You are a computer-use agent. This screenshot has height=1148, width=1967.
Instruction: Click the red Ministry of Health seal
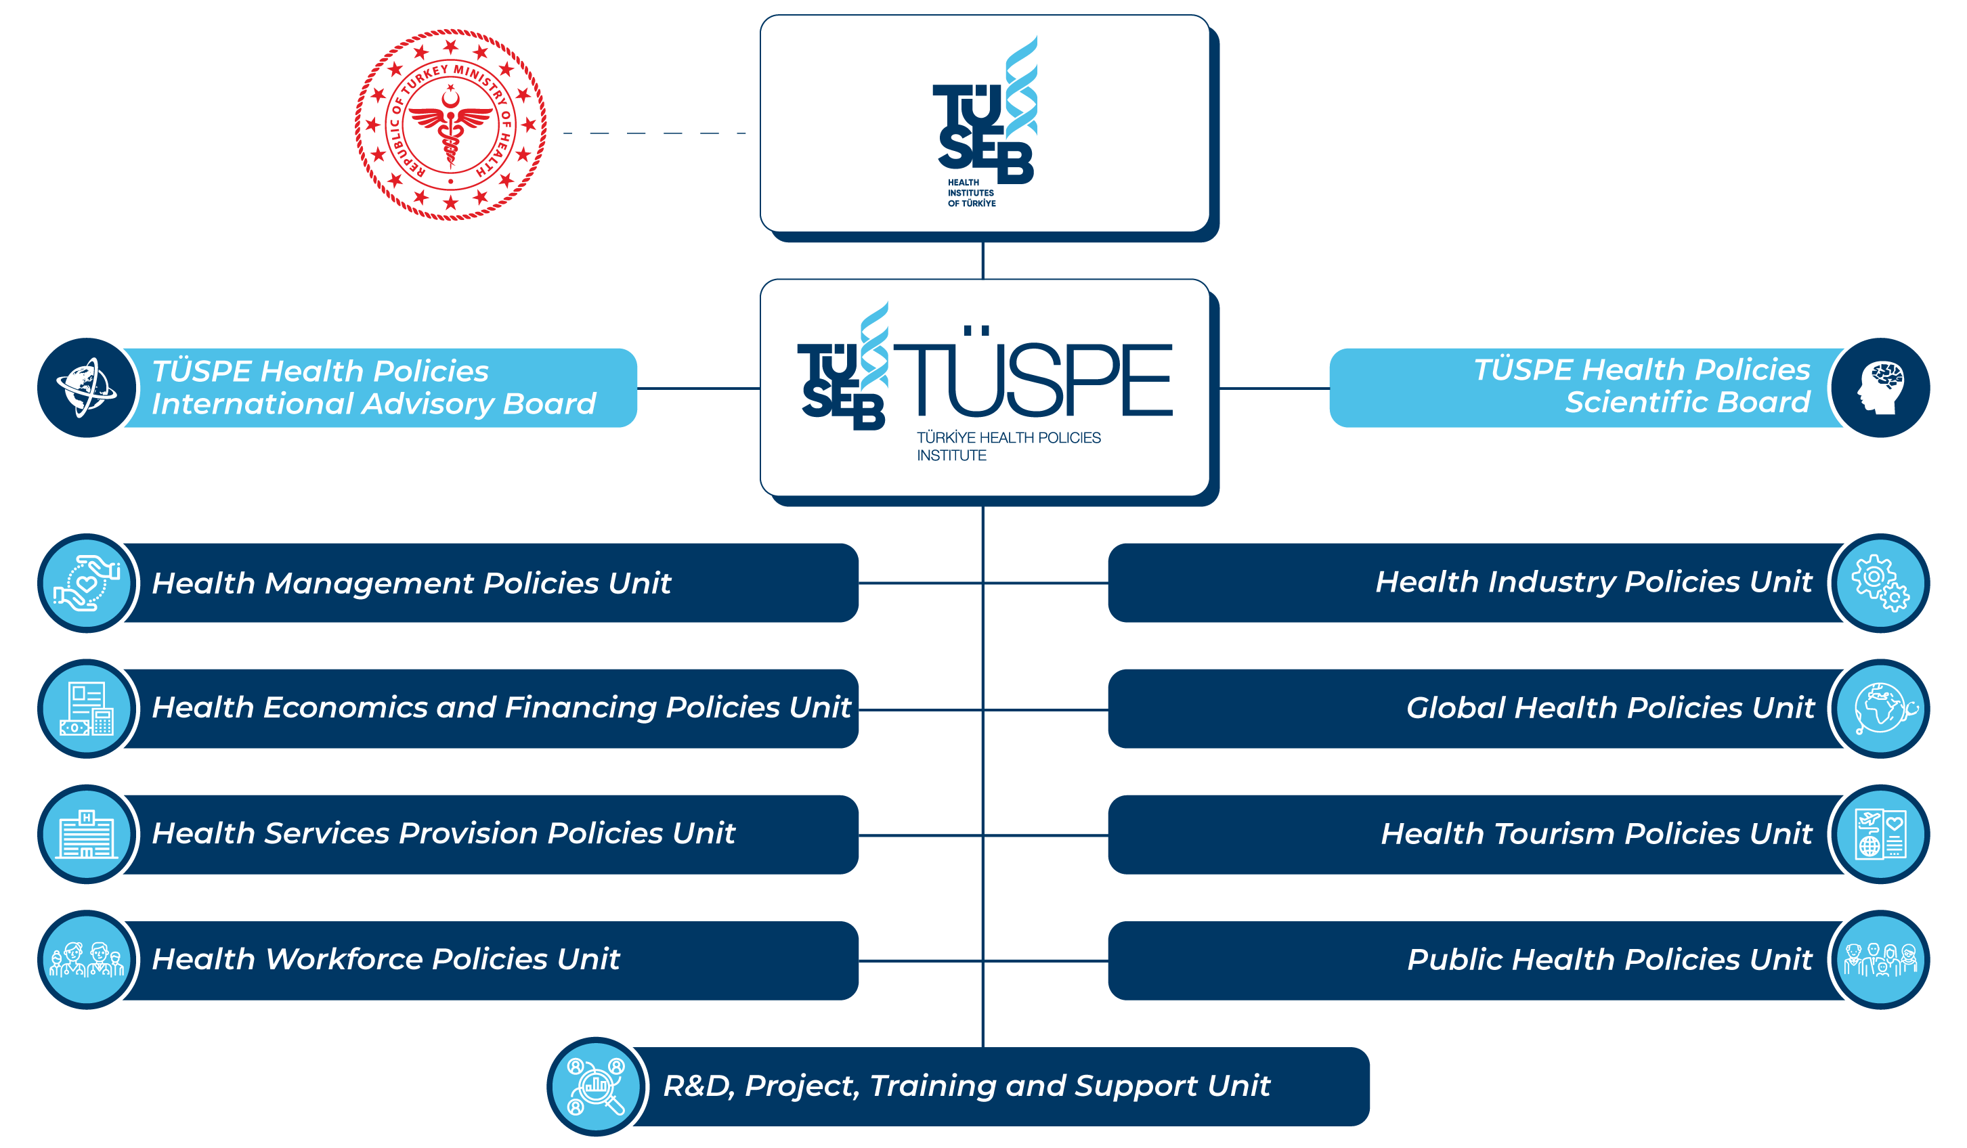(x=450, y=125)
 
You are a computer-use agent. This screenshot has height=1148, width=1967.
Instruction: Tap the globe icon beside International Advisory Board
(x=87, y=388)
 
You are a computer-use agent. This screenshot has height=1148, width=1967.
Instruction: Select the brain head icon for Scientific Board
(x=1880, y=388)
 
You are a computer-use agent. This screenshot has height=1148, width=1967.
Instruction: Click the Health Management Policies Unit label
(x=412, y=583)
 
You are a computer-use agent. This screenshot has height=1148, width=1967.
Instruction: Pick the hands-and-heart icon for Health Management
(x=87, y=583)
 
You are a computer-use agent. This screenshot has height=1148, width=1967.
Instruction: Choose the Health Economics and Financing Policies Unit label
(x=501, y=708)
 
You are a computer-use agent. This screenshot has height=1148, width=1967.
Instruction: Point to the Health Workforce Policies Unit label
(x=385, y=959)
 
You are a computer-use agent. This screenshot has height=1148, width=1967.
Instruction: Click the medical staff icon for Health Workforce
(x=87, y=960)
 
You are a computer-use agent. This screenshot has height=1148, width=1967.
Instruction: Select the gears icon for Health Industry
(x=1880, y=583)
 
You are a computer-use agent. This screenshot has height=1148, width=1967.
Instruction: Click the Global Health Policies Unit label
(x=1609, y=708)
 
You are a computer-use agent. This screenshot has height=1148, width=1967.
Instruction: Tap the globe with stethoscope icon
(x=1880, y=709)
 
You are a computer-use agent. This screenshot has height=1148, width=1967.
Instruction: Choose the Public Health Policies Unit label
(x=1609, y=960)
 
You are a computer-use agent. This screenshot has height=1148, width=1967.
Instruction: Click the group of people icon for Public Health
(x=1880, y=960)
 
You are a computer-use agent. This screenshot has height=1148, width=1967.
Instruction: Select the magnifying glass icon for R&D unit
(x=597, y=1086)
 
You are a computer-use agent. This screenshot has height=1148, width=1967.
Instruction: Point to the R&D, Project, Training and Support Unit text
(x=966, y=1086)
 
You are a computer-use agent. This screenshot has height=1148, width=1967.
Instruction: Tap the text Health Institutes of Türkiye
(x=971, y=193)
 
